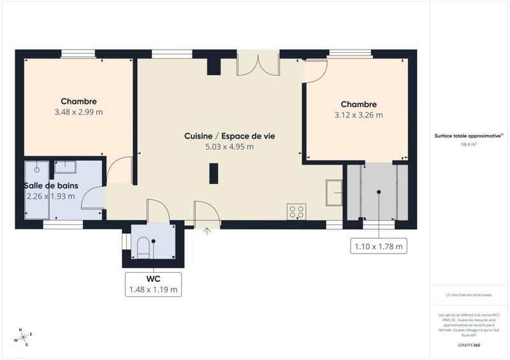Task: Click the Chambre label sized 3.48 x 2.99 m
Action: [x=79, y=101]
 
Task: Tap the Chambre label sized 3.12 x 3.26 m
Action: [x=358, y=104]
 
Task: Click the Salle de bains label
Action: [x=51, y=185]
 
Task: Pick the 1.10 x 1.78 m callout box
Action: [x=379, y=245]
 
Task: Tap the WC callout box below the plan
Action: [x=153, y=284]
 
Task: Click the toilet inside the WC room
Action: [x=143, y=247]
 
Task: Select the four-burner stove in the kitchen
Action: [x=296, y=212]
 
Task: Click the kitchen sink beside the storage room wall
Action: [x=333, y=193]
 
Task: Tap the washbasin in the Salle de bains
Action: [x=65, y=168]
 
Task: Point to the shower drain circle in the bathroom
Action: [x=37, y=169]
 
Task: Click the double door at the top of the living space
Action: [x=258, y=64]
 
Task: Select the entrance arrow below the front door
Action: [x=207, y=231]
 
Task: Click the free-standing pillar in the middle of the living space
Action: [x=214, y=173]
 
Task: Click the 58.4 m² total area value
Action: [x=469, y=145]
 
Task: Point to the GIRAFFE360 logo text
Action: [x=469, y=344]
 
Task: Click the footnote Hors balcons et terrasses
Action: [x=469, y=294]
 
